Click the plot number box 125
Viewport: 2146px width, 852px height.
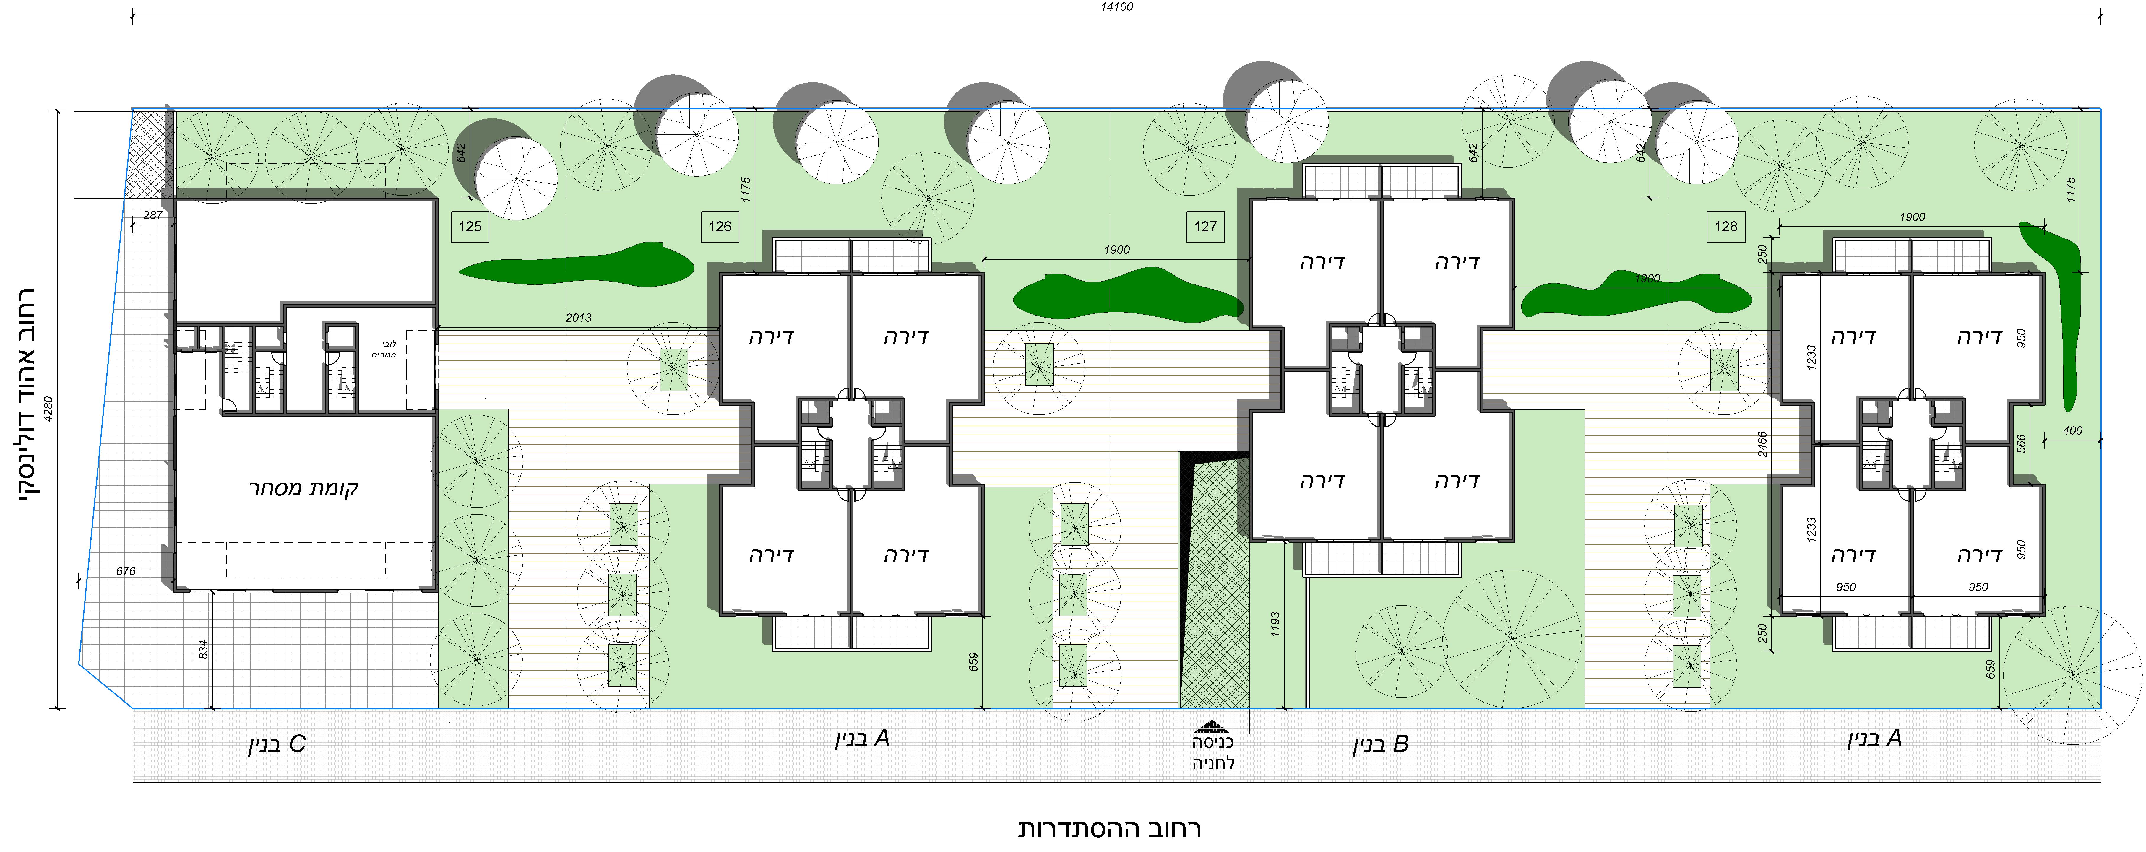pos(470,227)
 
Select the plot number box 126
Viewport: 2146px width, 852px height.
pos(720,227)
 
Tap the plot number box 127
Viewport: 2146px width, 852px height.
pos(1205,227)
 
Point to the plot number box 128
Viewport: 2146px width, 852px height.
pos(1726,227)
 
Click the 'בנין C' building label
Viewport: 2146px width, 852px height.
pos(277,744)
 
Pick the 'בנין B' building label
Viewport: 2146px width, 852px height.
pos(1380,744)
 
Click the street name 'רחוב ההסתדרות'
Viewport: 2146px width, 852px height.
pos(1110,829)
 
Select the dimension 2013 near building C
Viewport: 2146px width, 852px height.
pos(578,317)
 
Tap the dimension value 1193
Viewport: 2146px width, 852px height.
pos(1275,625)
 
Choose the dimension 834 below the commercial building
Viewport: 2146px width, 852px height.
pos(203,650)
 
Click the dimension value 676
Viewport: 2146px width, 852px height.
pos(126,571)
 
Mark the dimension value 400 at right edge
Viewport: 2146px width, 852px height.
pos(2073,431)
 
